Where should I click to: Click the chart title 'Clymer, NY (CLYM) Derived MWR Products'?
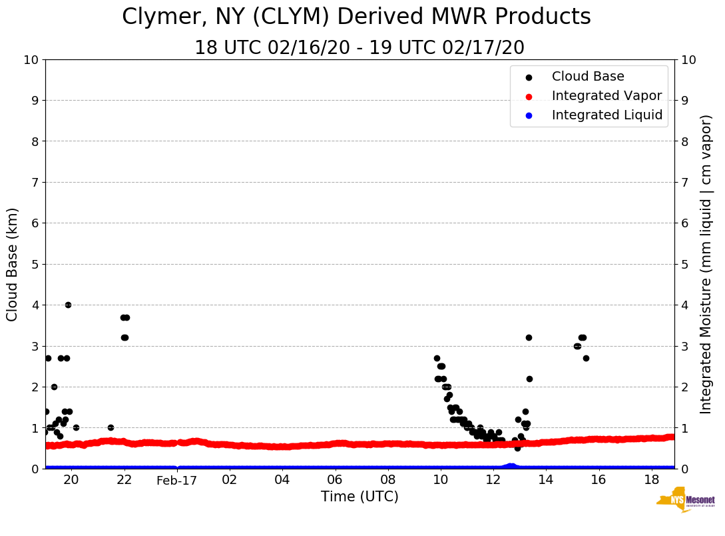click(x=356, y=17)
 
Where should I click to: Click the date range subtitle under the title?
click(x=360, y=48)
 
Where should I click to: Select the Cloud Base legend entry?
click(x=588, y=77)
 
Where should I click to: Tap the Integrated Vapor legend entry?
click(x=606, y=96)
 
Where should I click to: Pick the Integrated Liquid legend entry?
click(x=606, y=115)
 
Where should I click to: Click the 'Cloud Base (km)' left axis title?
click(x=13, y=264)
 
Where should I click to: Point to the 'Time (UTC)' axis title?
click(x=360, y=497)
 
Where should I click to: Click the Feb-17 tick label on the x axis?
click(x=177, y=480)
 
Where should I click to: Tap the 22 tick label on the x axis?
click(x=124, y=480)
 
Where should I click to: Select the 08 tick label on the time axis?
click(x=387, y=480)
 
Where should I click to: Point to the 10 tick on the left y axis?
click(x=31, y=59)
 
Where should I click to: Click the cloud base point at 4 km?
click(x=68, y=305)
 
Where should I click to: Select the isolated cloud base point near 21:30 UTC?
click(x=111, y=427)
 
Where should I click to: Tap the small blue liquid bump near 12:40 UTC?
click(x=511, y=465)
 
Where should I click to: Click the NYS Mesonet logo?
click(x=685, y=500)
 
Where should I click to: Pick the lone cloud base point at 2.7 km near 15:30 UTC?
click(x=586, y=358)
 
